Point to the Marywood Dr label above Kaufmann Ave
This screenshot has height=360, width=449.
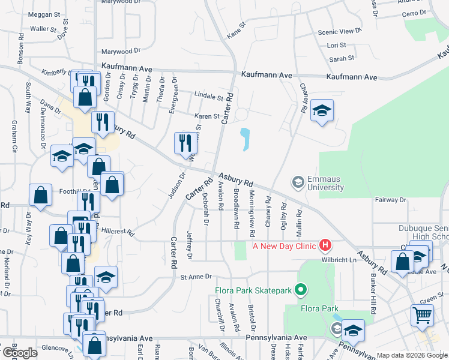[120, 52]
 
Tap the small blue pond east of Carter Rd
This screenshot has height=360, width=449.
[245, 140]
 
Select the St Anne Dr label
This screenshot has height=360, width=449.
[197, 277]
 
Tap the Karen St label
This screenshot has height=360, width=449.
[206, 116]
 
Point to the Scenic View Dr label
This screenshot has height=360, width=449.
[340, 31]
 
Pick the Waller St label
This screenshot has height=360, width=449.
[43, 28]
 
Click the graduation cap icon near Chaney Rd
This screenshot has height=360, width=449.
[322, 110]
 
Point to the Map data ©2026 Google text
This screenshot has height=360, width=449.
[411, 355]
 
